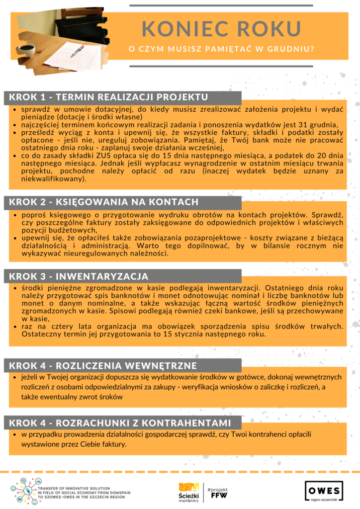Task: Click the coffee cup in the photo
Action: pos(26,50)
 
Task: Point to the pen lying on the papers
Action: pos(77,51)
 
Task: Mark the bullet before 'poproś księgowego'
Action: pos(16,215)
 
